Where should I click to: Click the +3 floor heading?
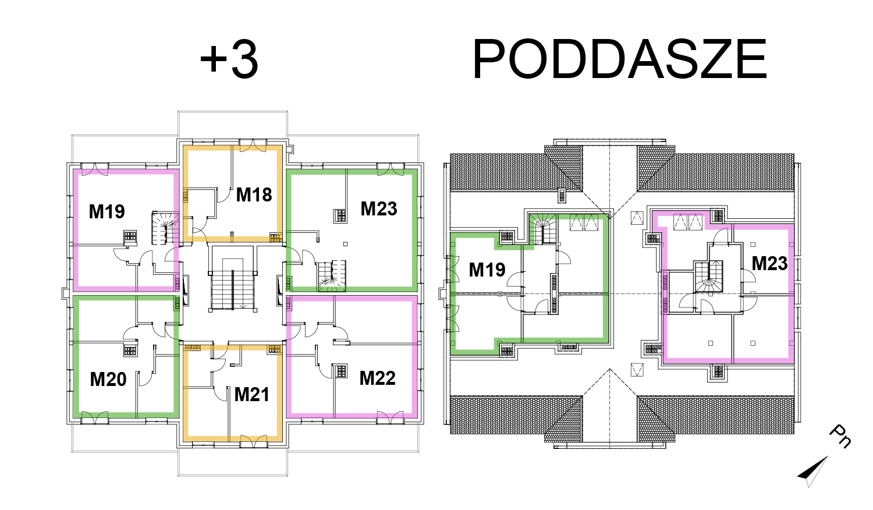[x=229, y=59]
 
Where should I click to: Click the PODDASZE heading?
[x=620, y=59]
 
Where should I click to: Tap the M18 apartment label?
[x=254, y=194]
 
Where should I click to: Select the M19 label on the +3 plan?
[x=107, y=212]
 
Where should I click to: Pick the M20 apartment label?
[x=108, y=380]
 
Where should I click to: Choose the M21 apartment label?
[x=252, y=395]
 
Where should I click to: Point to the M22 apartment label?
[x=377, y=378]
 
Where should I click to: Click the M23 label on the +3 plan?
[x=379, y=208]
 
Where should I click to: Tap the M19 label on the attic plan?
[x=487, y=270]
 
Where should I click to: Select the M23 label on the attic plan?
[x=770, y=264]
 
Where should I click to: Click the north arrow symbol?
[x=814, y=471]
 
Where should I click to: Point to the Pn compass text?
[x=840, y=436]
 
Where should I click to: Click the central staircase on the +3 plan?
[x=233, y=284]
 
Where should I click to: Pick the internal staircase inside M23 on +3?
[x=332, y=276]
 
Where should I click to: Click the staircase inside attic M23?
[x=708, y=277]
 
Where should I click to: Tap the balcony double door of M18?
[x=253, y=146]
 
